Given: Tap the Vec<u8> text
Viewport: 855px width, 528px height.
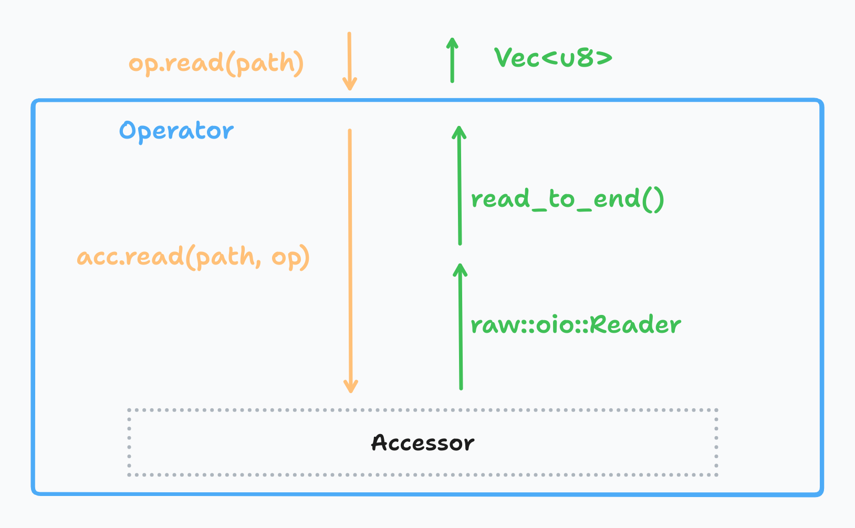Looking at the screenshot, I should (553, 58).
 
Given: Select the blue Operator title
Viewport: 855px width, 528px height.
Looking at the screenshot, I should (176, 131).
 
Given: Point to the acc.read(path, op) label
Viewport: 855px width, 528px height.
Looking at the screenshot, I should (193, 257).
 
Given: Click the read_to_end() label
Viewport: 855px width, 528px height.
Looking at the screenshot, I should (567, 199).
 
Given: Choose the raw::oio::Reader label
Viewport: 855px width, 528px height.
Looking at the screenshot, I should (576, 325).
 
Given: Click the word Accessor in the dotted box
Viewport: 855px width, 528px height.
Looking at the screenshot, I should (422, 443).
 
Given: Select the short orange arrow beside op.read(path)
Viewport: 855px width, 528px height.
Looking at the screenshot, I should (349, 60).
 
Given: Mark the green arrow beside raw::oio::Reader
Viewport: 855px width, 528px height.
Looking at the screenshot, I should (461, 326).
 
